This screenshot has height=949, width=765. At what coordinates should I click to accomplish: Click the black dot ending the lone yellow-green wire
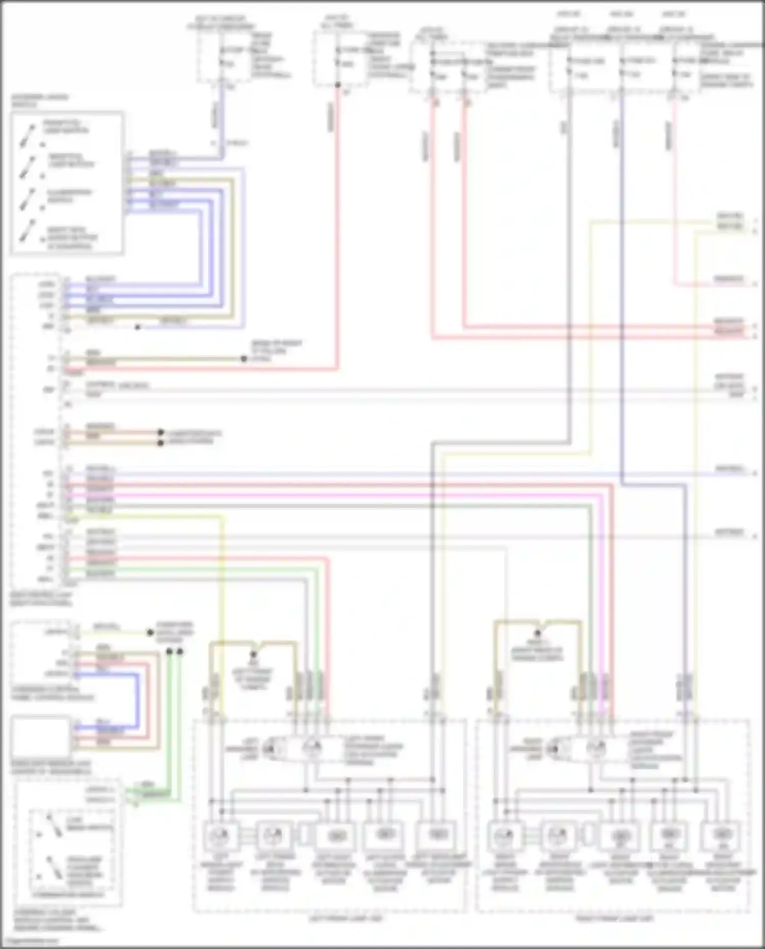(150, 633)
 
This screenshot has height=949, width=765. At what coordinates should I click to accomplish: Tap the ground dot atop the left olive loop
(253, 654)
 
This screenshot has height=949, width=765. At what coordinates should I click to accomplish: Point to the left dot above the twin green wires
(170, 651)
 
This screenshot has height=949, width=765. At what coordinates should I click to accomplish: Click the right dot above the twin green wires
(180, 651)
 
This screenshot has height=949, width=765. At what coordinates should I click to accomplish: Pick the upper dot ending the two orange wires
(161, 432)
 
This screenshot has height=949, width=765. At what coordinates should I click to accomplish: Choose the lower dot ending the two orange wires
(161, 443)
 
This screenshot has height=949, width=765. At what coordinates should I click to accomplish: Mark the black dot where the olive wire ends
(244, 359)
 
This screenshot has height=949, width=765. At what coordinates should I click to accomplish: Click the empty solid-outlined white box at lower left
(40, 736)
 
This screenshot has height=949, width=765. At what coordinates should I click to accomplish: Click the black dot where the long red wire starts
(338, 85)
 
